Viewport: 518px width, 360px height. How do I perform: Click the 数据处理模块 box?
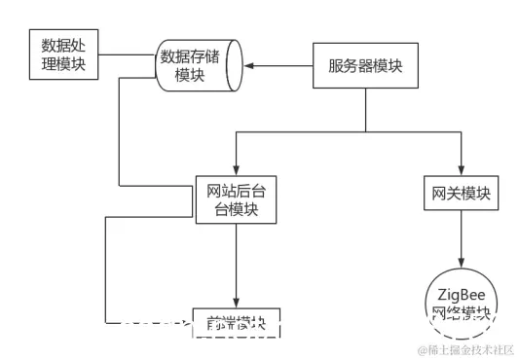[62, 55]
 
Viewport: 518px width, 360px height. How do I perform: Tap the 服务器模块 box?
[365, 67]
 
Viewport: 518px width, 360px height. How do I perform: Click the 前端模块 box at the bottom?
[236, 325]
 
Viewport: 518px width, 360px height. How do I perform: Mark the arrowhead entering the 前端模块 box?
[236, 304]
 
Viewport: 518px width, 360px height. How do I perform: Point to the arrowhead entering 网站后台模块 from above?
[235, 167]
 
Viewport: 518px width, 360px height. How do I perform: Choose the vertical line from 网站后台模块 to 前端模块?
[236, 263]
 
